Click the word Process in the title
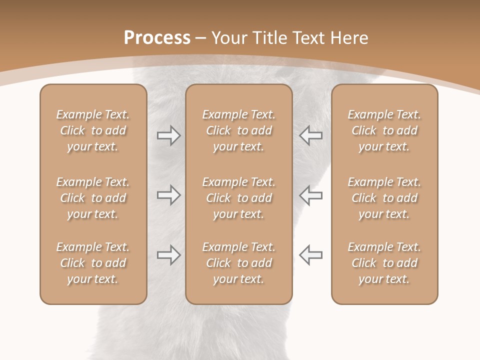tap(157, 38)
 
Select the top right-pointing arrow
tap(168, 135)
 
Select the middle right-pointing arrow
tap(168, 195)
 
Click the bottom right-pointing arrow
tap(168, 255)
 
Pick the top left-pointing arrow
tap(310, 135)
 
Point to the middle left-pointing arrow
tap(310, 195)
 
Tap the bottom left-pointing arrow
tap(310, 255)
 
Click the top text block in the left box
tap(93, 130)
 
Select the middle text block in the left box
tap(93, 198)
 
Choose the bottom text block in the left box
tap(93, 263)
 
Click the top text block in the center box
tap(238, 130)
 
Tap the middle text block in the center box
tap(238, 198)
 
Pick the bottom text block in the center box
tap(238, 263)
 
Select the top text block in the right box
tap(384, 130)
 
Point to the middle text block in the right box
tap(384, 198)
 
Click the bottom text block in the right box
tap(384, 263)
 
